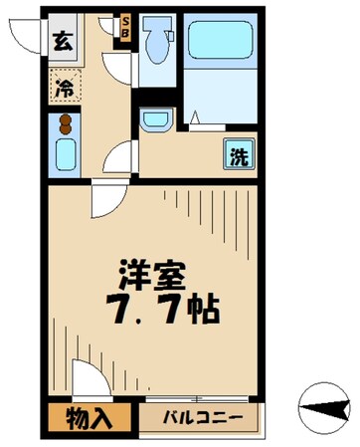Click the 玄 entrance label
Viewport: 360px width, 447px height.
[62, 42]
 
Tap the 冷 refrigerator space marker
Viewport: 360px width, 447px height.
[63, 87]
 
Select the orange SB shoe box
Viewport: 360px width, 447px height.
[125, 26]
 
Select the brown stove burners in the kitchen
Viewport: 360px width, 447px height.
[65, 126]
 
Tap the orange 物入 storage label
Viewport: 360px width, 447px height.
[88, 416]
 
